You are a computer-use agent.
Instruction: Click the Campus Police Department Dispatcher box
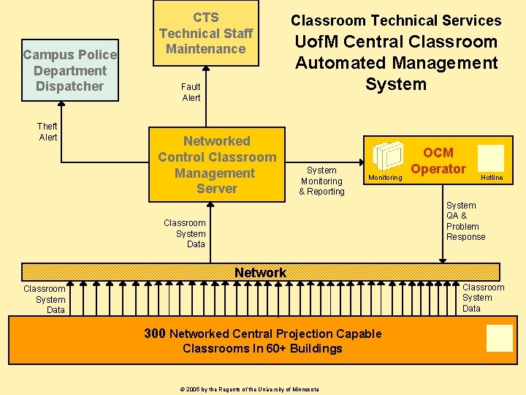click(70, 70)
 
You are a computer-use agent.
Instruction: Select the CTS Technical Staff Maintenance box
click(206, 33)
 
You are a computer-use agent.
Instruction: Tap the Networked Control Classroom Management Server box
click(217, 165)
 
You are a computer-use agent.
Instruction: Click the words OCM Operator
click(438, 161)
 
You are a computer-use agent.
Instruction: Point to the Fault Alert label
click(191, 92)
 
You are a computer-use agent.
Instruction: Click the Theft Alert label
click(47, 132)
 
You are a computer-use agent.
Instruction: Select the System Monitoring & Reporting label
click(321, 181)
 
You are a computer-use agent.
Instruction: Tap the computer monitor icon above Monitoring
click(386, 156)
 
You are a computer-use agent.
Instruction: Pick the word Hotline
click(492, 178)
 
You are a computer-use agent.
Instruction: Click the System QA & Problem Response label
click(465, 221)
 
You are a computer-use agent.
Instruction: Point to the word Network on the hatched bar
click(260, 273)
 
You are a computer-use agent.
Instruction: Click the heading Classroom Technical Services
click(396, 20)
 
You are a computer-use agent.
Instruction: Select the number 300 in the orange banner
click(155, 334)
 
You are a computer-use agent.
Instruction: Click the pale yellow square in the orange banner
click(500, 337)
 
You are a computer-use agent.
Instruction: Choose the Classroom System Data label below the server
click(185, 233)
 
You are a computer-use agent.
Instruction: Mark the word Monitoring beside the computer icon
click(385, 178)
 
